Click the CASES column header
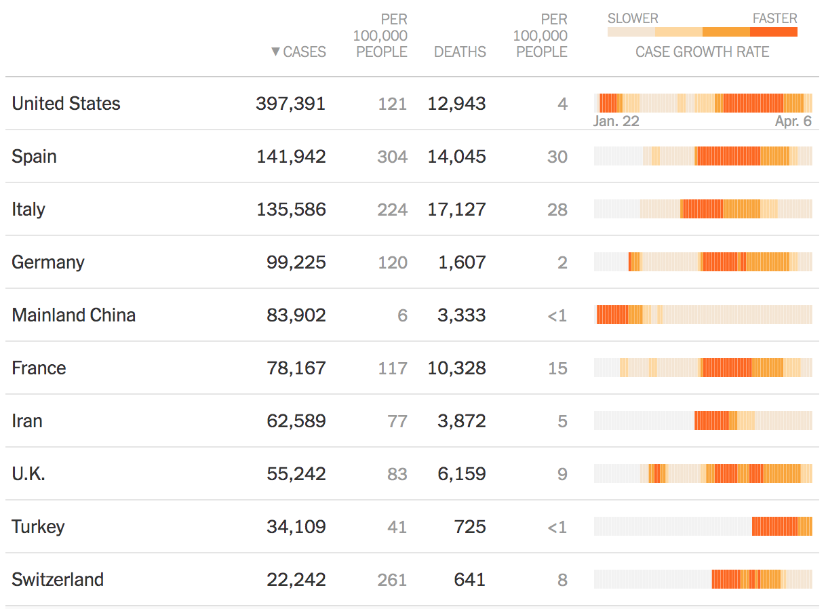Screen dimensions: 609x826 point(304,52)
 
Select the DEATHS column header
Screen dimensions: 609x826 point(460,52)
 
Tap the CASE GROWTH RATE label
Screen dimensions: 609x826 point(702,52)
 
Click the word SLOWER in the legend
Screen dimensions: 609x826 point(633,18)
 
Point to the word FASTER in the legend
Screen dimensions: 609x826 point(774,18)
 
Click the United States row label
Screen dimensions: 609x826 point(66,104)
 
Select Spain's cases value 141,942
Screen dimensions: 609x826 point(291,157)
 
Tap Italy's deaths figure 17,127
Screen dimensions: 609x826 point(456,210)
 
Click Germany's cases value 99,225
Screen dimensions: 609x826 point(296,262)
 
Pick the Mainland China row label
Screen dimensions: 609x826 point(73,315)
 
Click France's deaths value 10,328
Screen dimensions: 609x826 point(456,368)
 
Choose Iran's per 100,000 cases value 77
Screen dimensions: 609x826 point(397,421)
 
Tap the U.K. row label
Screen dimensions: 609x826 point(28,474)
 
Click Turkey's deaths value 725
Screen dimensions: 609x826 point(469,527)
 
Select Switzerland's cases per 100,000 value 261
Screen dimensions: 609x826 point(393,580)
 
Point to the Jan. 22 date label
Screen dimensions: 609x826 point(616,121)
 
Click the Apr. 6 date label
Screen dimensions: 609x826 point(793,121)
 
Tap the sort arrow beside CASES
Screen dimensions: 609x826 point(275,52)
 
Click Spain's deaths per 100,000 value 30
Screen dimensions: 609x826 point(557,157)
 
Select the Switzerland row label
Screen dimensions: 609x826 point(58,580)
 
